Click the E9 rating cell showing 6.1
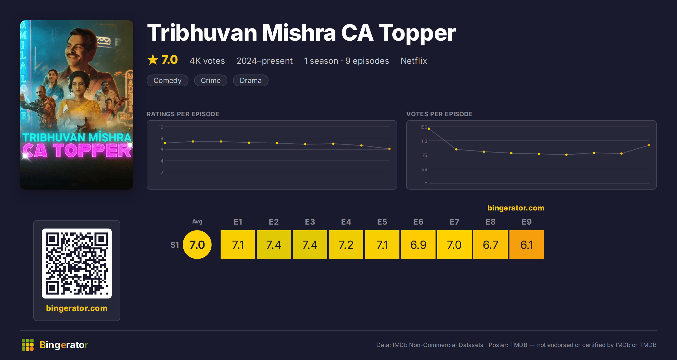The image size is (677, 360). [526, 245]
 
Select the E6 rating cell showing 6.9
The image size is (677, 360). [418, 245]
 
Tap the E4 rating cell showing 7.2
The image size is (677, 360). [346, 245]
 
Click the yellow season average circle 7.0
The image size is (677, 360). [197, 245]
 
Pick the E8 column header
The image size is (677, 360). [490, 222]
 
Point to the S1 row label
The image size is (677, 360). [175, 245]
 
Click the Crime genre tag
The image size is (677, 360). [211, 80]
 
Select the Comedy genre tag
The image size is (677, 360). [168, 80]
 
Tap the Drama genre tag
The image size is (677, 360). [250, 80]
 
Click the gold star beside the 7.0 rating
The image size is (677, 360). [153, 60]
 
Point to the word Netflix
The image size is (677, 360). [414, 61]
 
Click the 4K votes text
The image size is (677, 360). [207, 61]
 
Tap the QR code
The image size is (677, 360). [77, 264]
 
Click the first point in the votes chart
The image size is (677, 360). [429, 129]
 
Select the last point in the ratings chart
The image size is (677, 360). [390, 149]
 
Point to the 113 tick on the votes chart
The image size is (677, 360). [424, 141]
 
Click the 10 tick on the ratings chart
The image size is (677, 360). [161, 127]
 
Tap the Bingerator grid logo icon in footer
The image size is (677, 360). [28, 345]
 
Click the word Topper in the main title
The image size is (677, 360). [417, 33]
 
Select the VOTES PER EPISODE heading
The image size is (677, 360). [439, 114]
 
